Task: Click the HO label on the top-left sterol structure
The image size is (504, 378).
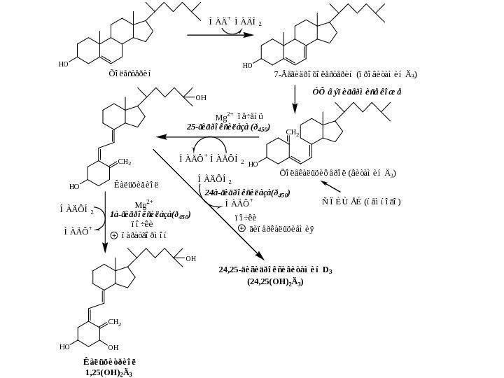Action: (x=63, y=64)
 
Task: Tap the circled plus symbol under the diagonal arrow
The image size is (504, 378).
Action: (x=241, y=227)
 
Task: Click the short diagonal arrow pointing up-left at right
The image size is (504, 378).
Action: (x=330, y=188)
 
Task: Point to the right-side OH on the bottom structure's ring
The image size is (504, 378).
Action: (x=113, y=347)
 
